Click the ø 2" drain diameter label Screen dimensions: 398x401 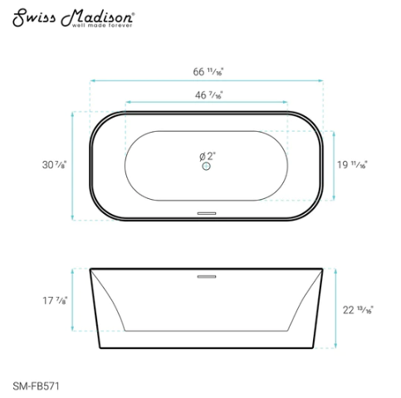207,155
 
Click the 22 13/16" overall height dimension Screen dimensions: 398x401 358,310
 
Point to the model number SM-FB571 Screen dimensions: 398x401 35,385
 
